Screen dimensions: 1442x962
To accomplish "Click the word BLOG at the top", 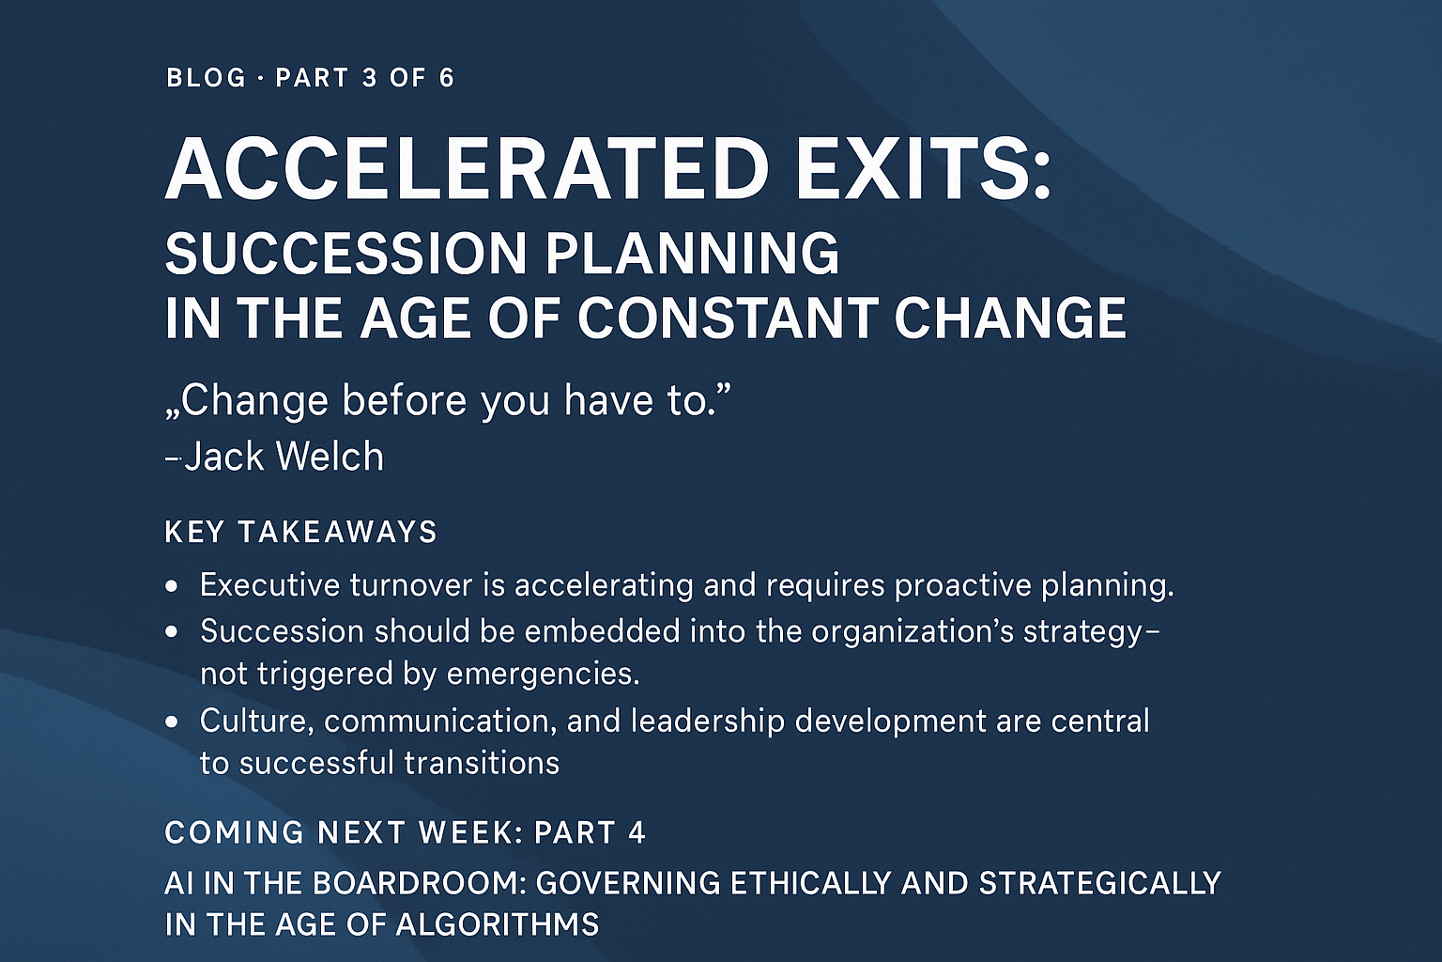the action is coord(206,79).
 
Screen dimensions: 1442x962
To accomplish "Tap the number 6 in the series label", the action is coord(447,79).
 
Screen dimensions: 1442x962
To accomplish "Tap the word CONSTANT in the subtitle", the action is coord(727,318).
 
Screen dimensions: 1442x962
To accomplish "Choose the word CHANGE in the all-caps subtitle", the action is coord(1011,318).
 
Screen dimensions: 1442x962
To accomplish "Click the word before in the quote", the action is coord(404,400).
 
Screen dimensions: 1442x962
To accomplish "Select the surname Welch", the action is coord(330,457).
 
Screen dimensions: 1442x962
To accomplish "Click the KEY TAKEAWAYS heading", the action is coord(300,533).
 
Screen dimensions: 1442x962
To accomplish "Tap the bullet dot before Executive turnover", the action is coord(171,586).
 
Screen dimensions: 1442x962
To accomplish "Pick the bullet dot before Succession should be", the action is coord(171,632).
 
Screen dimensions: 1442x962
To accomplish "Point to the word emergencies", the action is coord(543,675).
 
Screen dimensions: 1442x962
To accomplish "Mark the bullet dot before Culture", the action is coord(171,722).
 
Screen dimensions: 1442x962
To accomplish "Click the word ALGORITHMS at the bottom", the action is coord(497,925).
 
